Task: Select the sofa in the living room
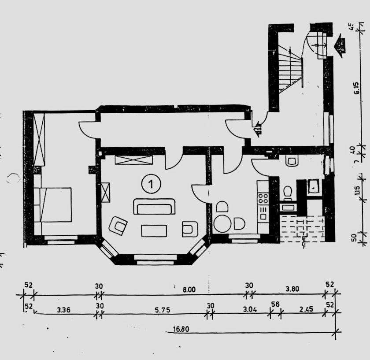click(x=154, y=206)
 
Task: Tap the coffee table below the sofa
click(x=154, y=230)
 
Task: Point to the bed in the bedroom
click(x=53, y=205)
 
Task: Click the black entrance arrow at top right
click(x=340, y=45)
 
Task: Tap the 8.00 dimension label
click(x=189, y=289)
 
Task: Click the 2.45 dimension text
click(x=306, y=309)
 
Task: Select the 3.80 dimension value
click(x=293, y=289)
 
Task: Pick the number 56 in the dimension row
click(x=276, y=304)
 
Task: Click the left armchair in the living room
click(x=118, y=226)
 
